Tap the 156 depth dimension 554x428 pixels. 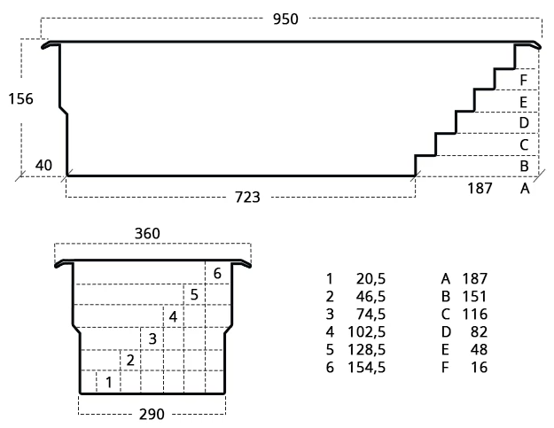click(x=19, y=98)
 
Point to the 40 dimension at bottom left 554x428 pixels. click(x=43, y=165)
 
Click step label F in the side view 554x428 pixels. click(x=525, y=81)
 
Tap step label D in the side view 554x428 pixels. click(x=525, y=122)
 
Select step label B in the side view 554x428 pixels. click(x=525, y=166)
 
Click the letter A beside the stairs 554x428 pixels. click(x=525, y=188)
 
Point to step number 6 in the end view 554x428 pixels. click(x=216, y=272)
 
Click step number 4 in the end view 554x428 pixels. click(x=173, y=316)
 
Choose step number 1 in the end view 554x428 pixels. click(x=108, y=382)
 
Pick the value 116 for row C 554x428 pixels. click(x=475, y=314)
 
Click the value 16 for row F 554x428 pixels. click(x=480, y=366)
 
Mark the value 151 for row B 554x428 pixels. click(x=475, y=296)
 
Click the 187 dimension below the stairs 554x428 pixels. click(x=480, y=188)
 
